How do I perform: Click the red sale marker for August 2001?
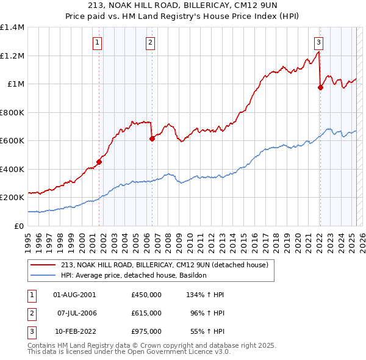99,162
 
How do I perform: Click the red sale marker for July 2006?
152,139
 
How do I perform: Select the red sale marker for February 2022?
320,88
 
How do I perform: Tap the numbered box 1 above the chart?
98,42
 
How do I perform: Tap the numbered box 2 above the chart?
150,42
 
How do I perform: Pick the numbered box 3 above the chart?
318,42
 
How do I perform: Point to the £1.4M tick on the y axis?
12,27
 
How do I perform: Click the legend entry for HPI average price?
134,276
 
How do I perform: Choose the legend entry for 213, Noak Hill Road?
168,265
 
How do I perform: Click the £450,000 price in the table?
146,295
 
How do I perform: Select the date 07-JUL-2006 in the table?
77,313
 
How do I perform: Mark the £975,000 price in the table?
146,331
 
